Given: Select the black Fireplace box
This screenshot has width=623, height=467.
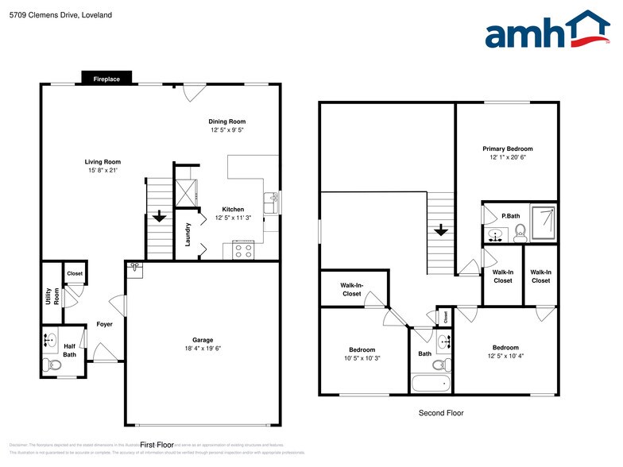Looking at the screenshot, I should (106, 79).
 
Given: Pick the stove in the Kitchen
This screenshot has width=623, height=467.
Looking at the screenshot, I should (243, 250).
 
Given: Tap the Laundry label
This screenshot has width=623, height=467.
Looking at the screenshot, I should (188, 234).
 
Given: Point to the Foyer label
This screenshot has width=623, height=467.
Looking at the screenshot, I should (104, 324).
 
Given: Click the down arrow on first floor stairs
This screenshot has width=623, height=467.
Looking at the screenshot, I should (159, 215).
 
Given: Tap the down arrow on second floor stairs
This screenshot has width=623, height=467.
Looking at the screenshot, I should (441, 231).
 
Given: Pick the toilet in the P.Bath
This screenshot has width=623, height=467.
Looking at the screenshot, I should (520, 232).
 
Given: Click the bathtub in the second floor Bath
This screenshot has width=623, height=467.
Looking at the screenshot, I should (430, 384).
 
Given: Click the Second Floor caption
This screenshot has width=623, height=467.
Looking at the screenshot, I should (440, 413).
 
